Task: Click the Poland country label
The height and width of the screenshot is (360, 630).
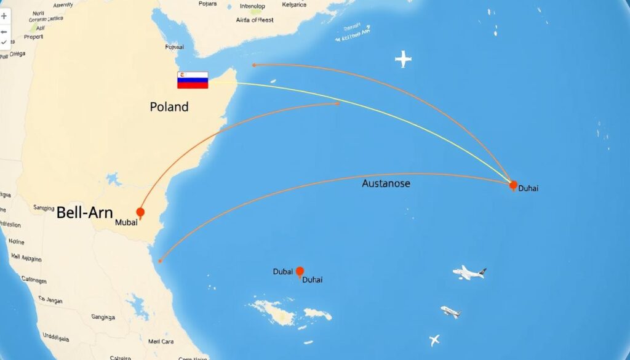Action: [169, 106]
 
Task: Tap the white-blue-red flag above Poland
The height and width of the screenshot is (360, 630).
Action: [193, 80]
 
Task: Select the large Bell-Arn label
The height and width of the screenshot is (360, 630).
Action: [84, 213]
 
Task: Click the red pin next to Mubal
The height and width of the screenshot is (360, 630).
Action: [140, 212]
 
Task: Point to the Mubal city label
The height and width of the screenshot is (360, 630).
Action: [126, 223]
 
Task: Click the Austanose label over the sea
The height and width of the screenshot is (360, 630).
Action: [386, 183]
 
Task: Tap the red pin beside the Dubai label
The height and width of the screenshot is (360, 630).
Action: [300, 271]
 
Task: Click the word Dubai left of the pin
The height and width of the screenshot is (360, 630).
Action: [282, 271]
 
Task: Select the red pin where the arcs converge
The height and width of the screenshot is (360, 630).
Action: [513, 185]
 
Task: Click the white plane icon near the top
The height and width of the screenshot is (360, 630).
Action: [403, 59]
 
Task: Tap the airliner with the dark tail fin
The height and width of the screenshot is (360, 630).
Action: [469, 272]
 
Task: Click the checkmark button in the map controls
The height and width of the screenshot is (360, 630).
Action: [4, 42]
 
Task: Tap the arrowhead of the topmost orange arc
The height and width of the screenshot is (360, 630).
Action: [253, 65]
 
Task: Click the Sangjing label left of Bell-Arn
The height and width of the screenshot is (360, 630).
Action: [44, 208]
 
